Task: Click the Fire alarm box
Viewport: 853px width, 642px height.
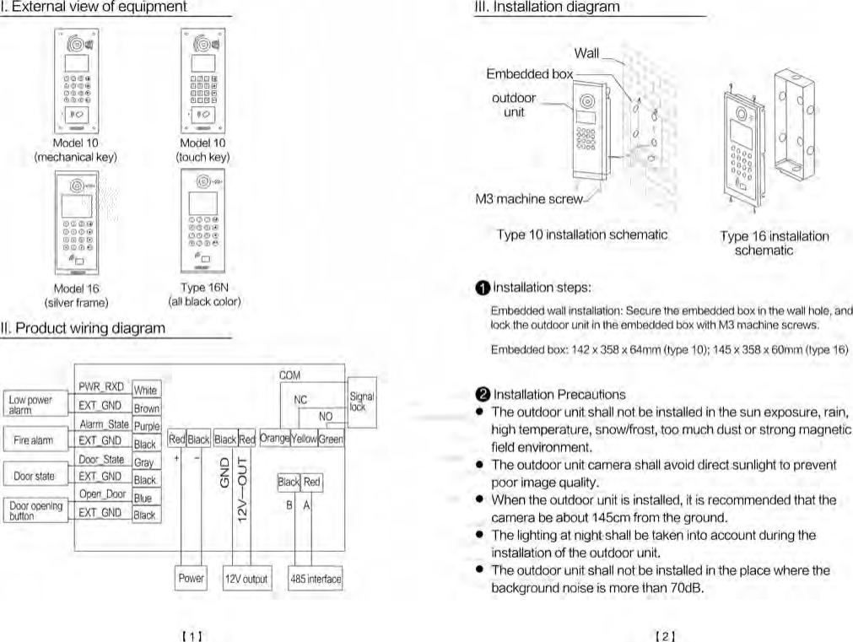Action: click(x=34, y=440)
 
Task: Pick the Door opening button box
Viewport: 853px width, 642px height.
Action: click(x=35, y=510)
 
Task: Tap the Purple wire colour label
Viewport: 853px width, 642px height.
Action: click(x=146, y=427)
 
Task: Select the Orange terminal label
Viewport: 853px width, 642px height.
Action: click(x=274, y=439)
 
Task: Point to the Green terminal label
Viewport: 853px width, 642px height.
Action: click(x=331, y=439)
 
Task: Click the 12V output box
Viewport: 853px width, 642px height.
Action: click(x=246, y=579)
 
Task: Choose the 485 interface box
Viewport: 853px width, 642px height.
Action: click(x=315, y=579)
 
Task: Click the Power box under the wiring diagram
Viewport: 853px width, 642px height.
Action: click(x=191, y=578)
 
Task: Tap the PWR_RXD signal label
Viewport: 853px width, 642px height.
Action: click(x=101, y=387)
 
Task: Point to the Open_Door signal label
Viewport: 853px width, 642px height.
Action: click(x=102, y=494)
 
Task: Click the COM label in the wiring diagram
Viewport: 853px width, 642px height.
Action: click(x=290, y=375)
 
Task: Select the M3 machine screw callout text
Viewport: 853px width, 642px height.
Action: click(x=528, y=200)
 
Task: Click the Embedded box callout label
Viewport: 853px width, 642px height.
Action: click(x=529, y=74)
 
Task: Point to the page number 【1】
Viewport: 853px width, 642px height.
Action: click(x=194, y=635)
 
